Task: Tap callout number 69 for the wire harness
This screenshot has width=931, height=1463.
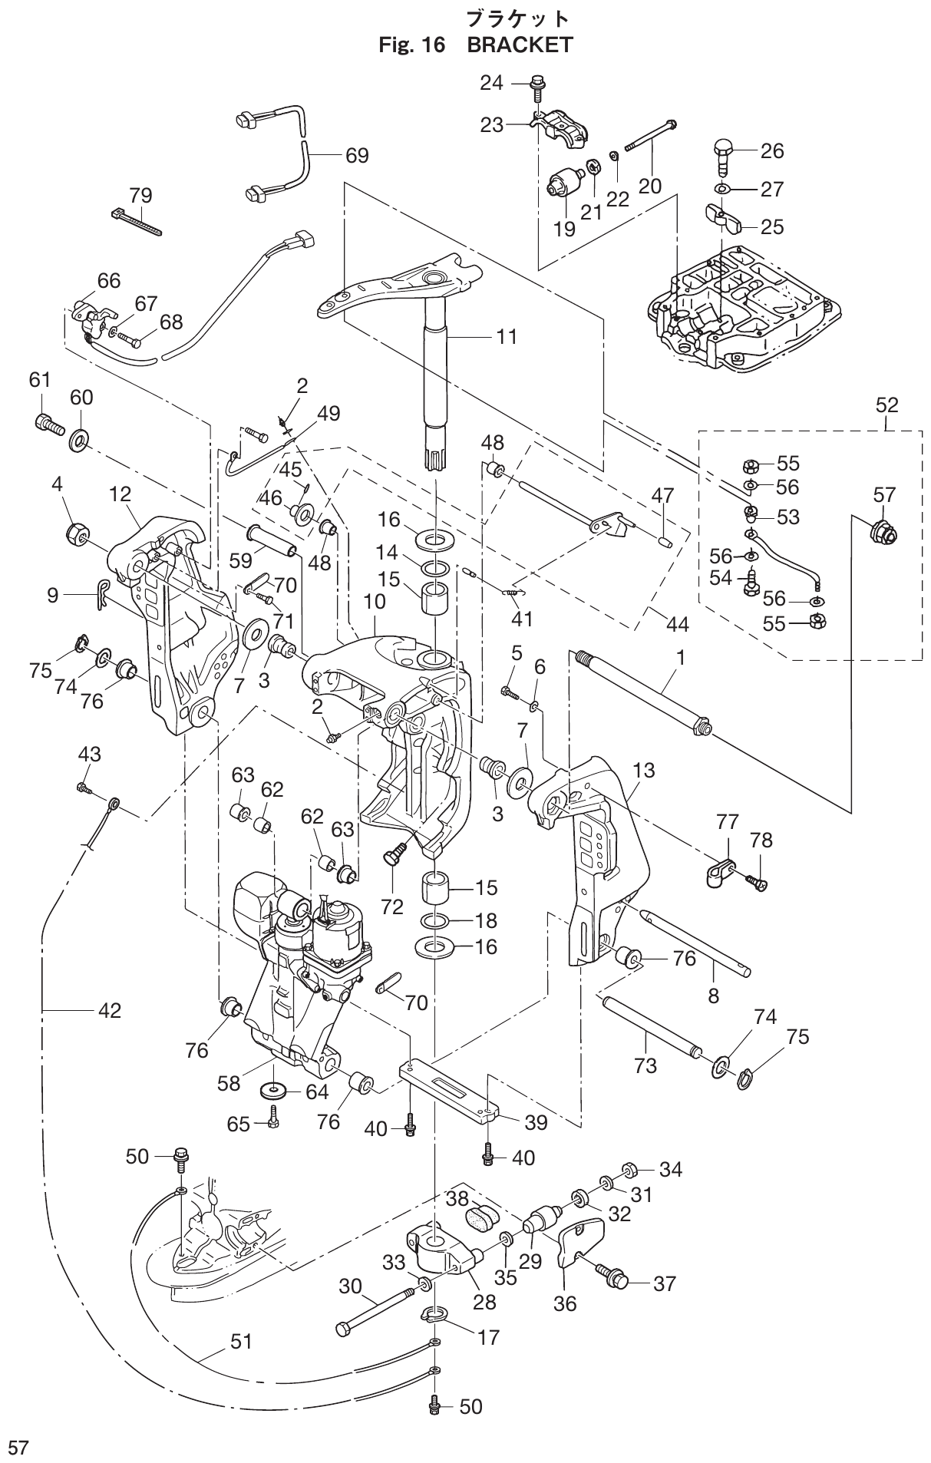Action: click(x=356, y=155)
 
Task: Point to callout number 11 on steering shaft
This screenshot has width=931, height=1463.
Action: click(x=507, y=336)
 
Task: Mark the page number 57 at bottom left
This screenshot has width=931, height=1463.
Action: click(x=18, y=1448)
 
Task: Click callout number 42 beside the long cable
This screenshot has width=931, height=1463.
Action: click(x=109, y=1011)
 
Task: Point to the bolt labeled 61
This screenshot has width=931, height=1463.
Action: click(x=48, y=422)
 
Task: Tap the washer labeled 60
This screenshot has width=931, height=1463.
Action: click(x=80, y=441)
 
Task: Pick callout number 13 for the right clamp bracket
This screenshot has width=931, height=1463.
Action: click(x=644, y=770)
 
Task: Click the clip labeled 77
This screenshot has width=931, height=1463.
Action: click(x=718, y=874)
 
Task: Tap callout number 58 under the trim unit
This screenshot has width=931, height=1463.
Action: click(x=229, y=1083)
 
